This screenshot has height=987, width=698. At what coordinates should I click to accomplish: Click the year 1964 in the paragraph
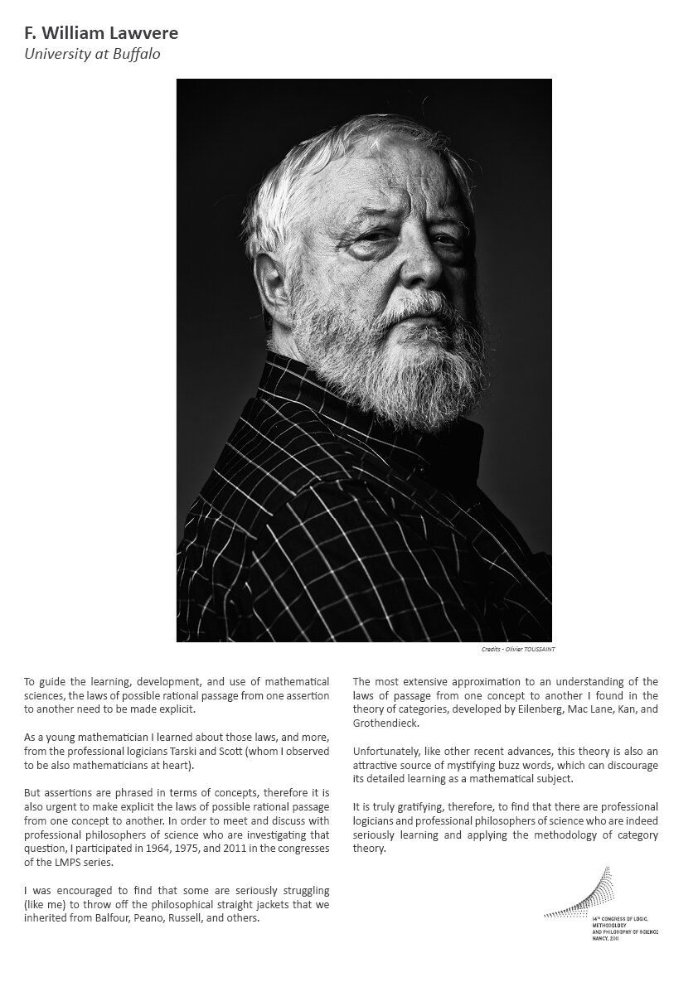[x=179, y=849]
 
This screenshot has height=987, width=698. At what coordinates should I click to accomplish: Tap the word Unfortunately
[x=387, y=752]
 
